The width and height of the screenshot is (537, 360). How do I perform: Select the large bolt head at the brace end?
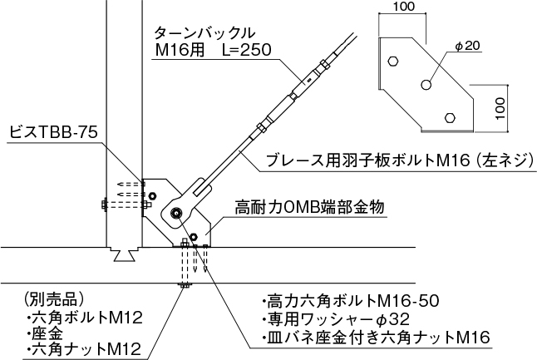[177, 214]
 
